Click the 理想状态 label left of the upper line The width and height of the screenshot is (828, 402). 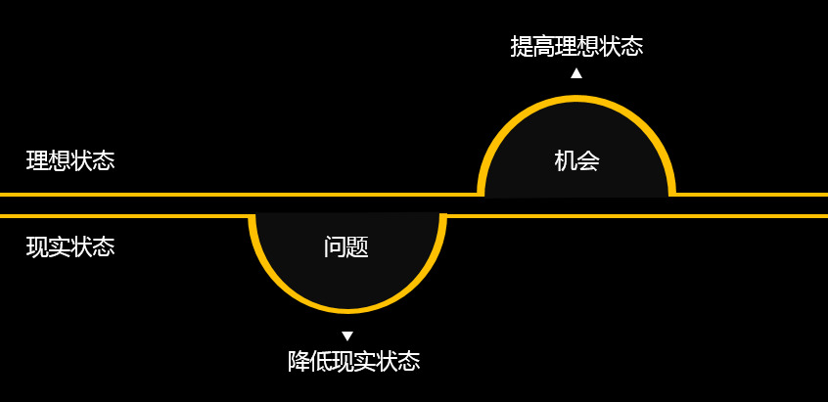pos(70,160)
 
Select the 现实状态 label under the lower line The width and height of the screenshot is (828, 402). pos(70,246)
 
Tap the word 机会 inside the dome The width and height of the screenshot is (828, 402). pos(576,160)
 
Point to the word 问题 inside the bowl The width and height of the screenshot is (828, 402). pos(346,246)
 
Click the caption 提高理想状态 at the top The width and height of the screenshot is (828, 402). pos(576,46)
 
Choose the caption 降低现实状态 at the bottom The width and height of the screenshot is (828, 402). pos(353,361)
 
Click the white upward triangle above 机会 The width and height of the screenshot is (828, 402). pos(576,72)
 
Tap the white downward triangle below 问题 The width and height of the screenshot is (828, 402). pos(347,336)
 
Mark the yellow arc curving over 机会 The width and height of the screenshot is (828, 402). pos(576,99)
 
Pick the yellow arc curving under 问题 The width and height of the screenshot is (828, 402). pos(347,309)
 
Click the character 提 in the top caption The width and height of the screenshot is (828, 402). pos(522,46)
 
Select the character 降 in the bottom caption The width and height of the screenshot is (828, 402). pos(299,361)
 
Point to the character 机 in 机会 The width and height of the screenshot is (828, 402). pos(566,160)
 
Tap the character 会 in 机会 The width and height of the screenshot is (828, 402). pos(588,160)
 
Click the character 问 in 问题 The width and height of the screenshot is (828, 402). pos(335,246)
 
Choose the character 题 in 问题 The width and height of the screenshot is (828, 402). pos(358,246)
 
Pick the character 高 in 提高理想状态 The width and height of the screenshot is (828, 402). pos(543,46)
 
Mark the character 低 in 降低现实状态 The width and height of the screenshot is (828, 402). pos(321,361)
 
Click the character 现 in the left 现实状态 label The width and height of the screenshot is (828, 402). pos(37,246)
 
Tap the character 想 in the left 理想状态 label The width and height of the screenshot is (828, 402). pos(60,160)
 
